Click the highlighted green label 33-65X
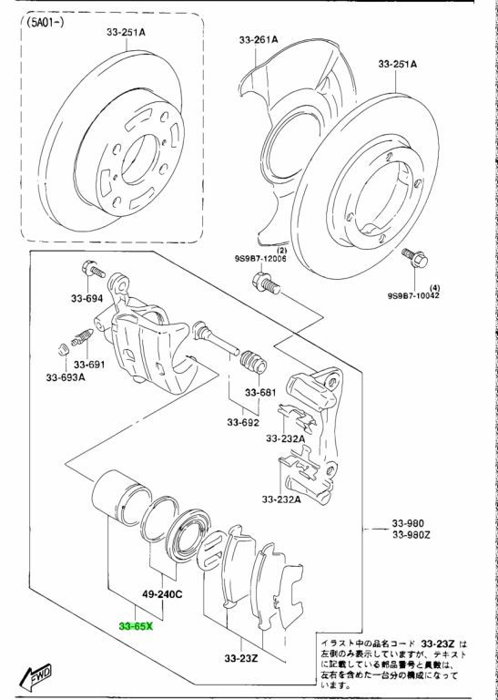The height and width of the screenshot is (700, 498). pyautogui.click(x=136, y=626)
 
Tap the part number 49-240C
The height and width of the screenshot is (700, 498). pyautogui.click(x=163, y=594)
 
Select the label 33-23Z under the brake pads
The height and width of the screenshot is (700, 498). pyautogui.click(x=241, y=658)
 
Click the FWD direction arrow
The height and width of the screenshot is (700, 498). pyautogui.click(x=38, y=674)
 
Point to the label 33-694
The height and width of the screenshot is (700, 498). pyautogui.click(x=86, y=299)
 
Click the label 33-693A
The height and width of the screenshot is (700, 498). pyautogui.click(x=66, y=377)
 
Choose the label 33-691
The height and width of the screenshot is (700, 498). pyautogui.click(x=89, y=365)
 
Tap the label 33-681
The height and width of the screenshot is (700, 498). pyautogui.click(x=260, y=393)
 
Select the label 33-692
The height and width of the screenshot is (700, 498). pyautogui.click(x=243, y=422)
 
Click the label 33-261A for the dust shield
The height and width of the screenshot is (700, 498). pyautogui.click(x=259, y=40)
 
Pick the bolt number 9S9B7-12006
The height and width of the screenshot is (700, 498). pyautogui.click(x=260, y=259)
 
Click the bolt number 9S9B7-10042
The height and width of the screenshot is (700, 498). pyautogui.click(x=413, y=295)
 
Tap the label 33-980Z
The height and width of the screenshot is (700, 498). pyautogui.click(x=412, y=534)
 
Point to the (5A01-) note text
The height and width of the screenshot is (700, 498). pyautogui.click(x=45, y=22)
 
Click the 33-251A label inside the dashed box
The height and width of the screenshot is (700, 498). pyautogui.click(x=126, y=32)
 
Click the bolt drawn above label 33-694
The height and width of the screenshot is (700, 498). pyautogui.click(x=93, y=269)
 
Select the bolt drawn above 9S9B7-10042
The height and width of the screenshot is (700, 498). pyautogui.click(x=414, y=257)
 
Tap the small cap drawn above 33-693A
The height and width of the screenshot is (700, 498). pyautogui.click(x=63, y=349)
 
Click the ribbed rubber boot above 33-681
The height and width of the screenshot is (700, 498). pyautogui.click(x=253, y=362)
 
